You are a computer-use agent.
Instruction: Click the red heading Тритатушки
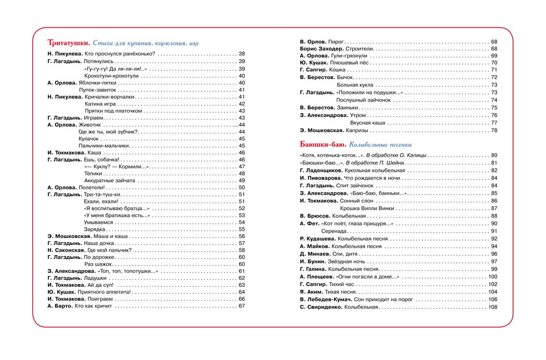(x=68, y=43)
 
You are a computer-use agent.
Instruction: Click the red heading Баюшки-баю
(x=323, y=144)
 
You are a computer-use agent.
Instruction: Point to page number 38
(x=241, y=54)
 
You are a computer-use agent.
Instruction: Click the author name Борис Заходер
(x=321, y=49)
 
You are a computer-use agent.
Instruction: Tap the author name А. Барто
(x=59, y=306)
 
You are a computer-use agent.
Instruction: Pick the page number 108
(x=492, y=307)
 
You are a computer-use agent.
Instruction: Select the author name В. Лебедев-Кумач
(x=325, y=299)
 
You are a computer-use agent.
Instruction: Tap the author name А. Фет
(x=309, y=223)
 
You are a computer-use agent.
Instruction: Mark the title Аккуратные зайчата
(x=110, y=180)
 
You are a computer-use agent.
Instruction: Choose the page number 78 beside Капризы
(x=494, y=130)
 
